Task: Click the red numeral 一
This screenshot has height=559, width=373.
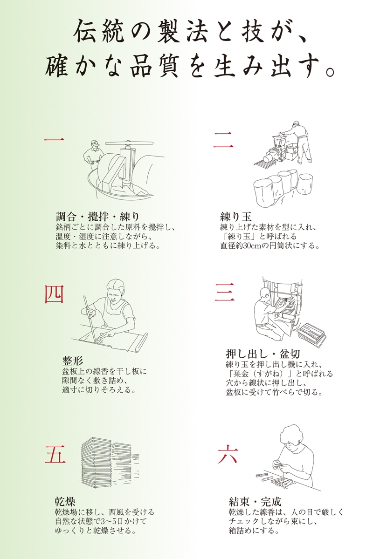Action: pos(55,140)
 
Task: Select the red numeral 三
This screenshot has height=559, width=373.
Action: pos(225,292)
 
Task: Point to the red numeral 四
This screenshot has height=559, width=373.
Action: pos(54,294)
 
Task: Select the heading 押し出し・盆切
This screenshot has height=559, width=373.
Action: pos(263,354)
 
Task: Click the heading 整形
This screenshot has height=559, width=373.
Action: pos(72,361)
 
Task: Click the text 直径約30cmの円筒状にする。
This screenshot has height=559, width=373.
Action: pos(270,245)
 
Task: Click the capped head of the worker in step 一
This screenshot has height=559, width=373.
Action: pos(95,145)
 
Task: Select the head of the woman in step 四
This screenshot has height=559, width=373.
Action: pos(116,290)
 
